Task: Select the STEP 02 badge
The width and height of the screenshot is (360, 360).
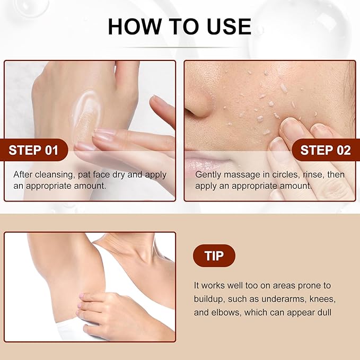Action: (325, 150)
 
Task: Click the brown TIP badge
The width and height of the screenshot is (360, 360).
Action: (214, 256)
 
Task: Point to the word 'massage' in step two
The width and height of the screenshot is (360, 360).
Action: (238, 174)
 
